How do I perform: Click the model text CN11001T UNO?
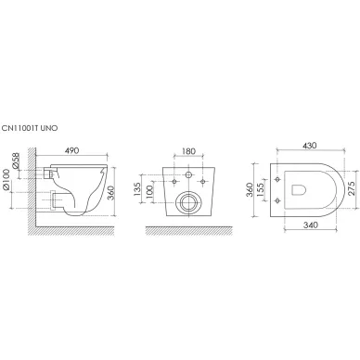click(30, 128)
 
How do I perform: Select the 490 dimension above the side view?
click(71, 150)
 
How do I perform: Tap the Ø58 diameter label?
click(16, 161)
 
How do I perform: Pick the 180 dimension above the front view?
click(188, 151)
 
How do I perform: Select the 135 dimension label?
click(137, 189)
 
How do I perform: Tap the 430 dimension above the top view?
click(310, 145)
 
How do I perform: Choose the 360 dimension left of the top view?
click(250, 190)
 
